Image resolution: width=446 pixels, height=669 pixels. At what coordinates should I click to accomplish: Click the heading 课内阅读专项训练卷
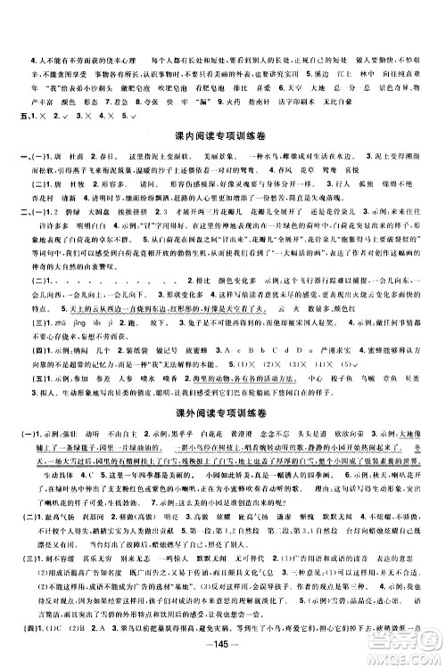point(224,134)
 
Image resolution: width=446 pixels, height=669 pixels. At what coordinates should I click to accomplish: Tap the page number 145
point(223,649)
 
